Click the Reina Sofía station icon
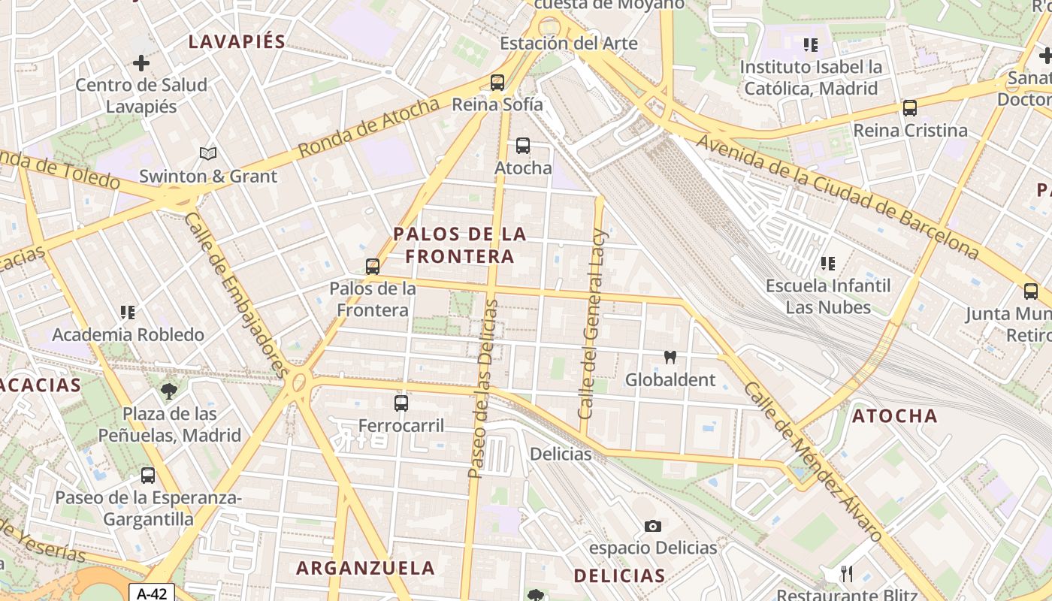pos(497,83)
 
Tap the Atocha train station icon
pos(523,146)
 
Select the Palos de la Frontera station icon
pos(372,267)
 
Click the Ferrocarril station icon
pos(401,403)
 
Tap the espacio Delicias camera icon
pos(653,526)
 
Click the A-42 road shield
pos(152,593)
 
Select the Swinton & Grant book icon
pos(208,154)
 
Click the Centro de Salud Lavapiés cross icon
pos(141,63)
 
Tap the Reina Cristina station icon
pos(910,108)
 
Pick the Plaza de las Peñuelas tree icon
pos(170,391)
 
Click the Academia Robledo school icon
pos(128,312)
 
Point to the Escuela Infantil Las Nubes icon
pos(828,264)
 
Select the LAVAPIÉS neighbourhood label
pos(237,42)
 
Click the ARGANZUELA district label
pos(365,568)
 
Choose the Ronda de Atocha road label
pos(368,128)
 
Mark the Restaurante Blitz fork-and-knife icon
pos(847,574)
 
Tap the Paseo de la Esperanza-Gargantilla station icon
pos(148,476)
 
